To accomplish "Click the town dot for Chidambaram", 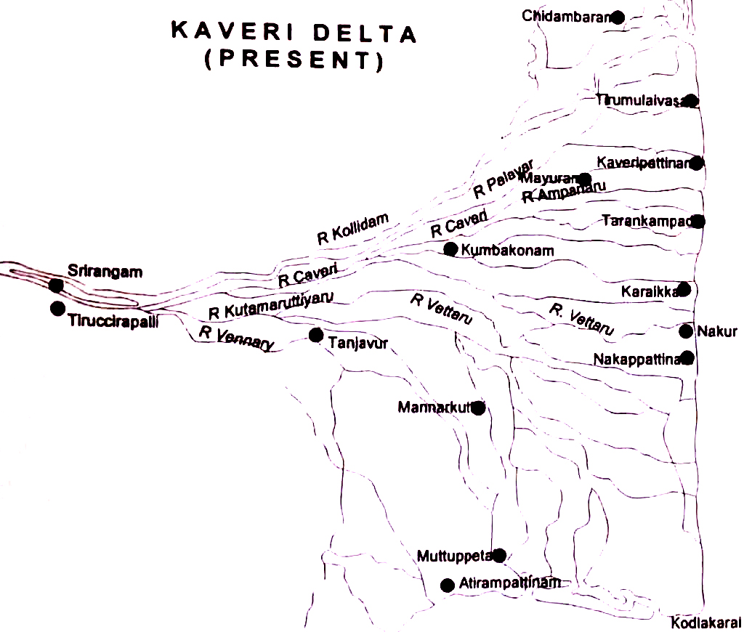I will (x=618, y=17).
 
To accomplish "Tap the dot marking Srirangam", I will (x=56, y=285).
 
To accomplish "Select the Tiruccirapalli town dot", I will (x=57, y=308).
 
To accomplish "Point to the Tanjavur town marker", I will (x=315, y=335).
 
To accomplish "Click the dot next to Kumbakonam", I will (x=450, y=249).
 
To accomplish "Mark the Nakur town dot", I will (x=686, y=331).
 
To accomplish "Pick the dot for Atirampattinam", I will (x=448, y=585).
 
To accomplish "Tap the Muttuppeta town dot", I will (x=498, y=556).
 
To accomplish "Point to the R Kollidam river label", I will (x=354, y=227).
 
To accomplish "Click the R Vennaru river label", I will (x=236, y=339).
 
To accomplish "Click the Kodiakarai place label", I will (x=705, y=623).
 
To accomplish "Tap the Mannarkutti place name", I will (x=435, y=408).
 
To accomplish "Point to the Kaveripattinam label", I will (x=643, y=161).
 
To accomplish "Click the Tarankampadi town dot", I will (x=698, y=221).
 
